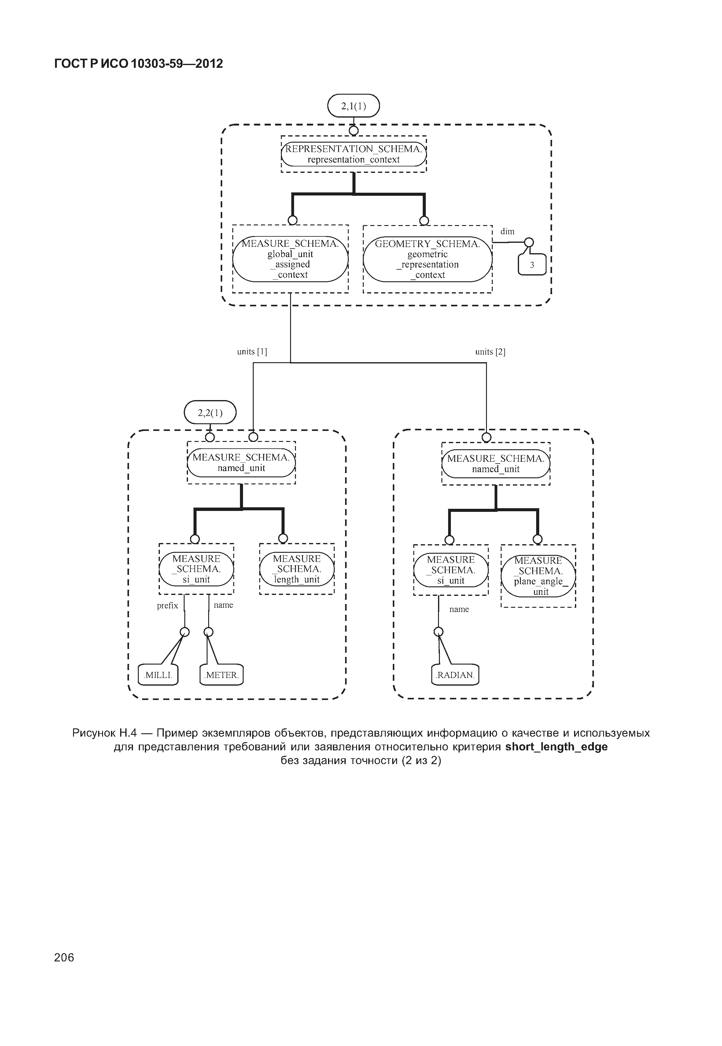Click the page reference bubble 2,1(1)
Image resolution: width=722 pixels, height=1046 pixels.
353,106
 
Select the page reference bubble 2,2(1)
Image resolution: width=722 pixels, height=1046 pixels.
210,413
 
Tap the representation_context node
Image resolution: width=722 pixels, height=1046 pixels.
353,154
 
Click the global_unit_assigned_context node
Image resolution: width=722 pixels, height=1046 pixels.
290,259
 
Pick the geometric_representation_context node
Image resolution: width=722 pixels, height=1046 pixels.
428,259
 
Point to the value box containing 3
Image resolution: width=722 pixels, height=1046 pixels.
532,265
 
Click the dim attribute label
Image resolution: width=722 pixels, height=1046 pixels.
507,231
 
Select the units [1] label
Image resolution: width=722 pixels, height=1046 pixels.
252,352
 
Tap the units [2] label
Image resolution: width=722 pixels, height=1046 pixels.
490,352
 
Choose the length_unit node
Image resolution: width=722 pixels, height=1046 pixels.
297,569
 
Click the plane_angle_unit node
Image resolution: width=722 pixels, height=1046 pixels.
538,576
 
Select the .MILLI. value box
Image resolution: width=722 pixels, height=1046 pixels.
158,675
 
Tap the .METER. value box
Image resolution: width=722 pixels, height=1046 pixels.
221,675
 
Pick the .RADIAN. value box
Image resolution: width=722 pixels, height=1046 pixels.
455,675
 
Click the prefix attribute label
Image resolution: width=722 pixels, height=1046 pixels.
168,606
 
